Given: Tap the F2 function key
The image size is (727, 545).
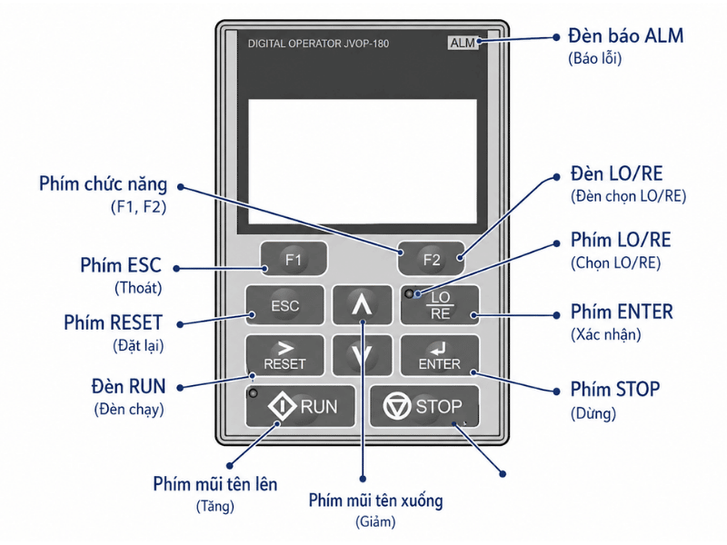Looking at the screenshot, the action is (x=431, y=259).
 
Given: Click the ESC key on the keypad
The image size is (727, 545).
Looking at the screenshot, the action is (x=284, y=305).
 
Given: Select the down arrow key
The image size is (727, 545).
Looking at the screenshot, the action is (x=362, y=355).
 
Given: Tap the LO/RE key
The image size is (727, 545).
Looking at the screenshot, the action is (x=440, y=305).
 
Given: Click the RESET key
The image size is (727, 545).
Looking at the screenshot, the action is (x=284, y=355).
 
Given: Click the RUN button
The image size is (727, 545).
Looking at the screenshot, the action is (x=300, y=406).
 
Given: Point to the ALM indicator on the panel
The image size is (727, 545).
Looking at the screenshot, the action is (x=463, y=43).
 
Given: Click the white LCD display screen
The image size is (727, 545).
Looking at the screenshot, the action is (x=363, y=162).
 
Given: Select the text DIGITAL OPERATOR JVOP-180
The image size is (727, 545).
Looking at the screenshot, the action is (x=318, y=44).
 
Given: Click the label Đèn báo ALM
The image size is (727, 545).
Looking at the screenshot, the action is (x=626, y=35).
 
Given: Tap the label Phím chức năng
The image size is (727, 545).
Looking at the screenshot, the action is (x=103, y=184).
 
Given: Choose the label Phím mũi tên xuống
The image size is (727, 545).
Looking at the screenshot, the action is (x=376, y=500).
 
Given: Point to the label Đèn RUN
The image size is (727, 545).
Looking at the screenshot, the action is (x=128, y=386).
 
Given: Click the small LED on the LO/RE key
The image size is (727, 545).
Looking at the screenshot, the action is (x=409, y=293).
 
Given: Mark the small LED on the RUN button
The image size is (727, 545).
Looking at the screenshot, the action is (x=254, y=393).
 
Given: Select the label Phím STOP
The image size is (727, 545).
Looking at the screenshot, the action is (x=615, y=390).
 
